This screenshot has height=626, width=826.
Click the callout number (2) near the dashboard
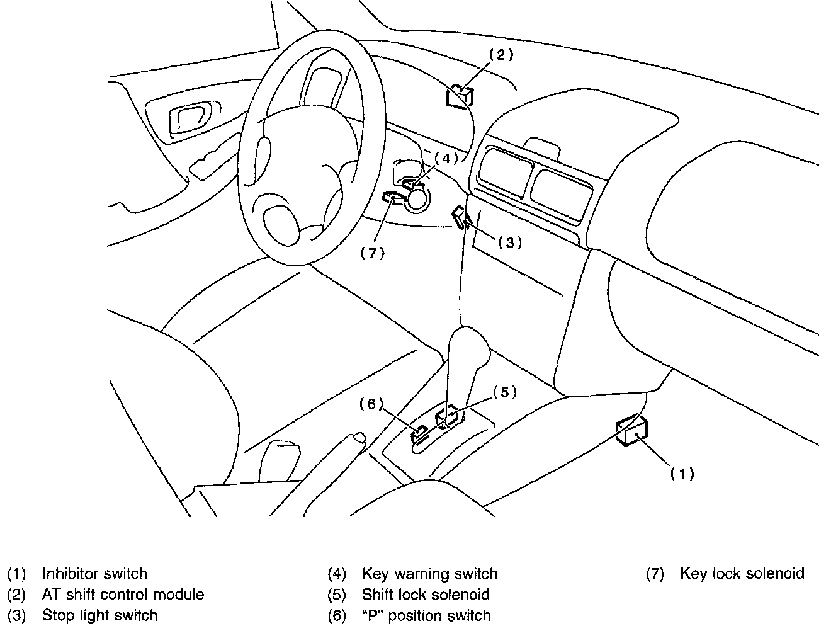click(x=501, y=55)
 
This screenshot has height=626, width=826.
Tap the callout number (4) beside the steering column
click(x=446, y=159)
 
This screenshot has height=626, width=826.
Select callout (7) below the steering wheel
click(x=373, y=253)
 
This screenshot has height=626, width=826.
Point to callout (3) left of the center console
click(x=510, y=243)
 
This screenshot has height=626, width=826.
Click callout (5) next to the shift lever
click(x=505, y=392)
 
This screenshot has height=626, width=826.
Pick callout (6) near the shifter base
click(x=371, y=404)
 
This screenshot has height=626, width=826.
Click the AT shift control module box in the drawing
click(x=460, y=96)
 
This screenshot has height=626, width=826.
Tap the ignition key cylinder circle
click(x=417, y=198)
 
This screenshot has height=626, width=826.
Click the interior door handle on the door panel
click(x=190, y=117)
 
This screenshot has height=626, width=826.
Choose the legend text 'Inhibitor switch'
click(x=94, y=573)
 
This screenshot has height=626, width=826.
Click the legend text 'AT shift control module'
click(x=123, y=595)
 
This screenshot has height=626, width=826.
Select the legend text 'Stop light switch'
click(x=99, y=615)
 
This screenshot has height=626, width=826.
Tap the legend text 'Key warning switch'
click(x=430, y=574)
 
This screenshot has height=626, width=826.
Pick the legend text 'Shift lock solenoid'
click(x=426, y=595)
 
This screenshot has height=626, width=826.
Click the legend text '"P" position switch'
click(x=426, y=615)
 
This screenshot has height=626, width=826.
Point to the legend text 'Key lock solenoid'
click(x=742, y=573)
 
